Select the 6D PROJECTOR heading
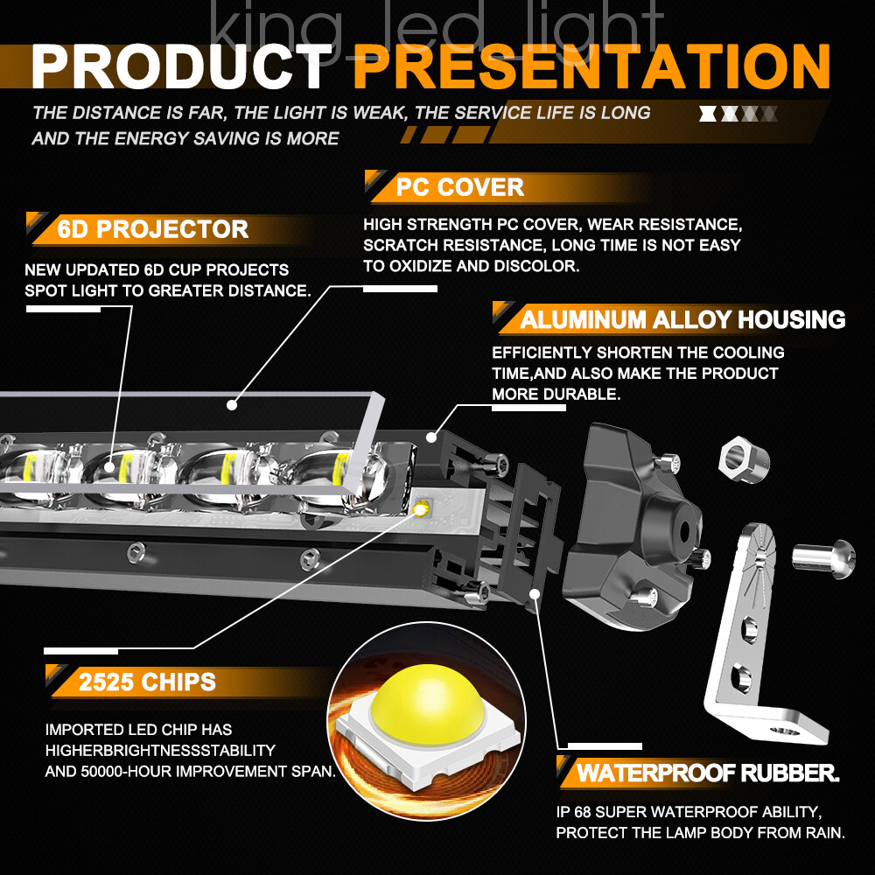click(x=152, y=229)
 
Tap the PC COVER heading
click(x=460, y=187)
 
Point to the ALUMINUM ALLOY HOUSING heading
click(x=682, y=319)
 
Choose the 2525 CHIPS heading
click(x=147, y=682)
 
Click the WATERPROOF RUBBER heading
click(x=708, y=773)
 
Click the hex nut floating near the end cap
click(x=743, y=460)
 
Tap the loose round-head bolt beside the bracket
click(x=823, y=558)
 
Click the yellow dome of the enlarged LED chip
click(x=427, y=703)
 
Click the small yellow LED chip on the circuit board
click(x=422, y=507)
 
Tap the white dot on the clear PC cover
click(x=232, y=405)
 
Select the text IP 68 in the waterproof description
click(x=575, y=812)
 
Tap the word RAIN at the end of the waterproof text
click(x=825, y=833)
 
